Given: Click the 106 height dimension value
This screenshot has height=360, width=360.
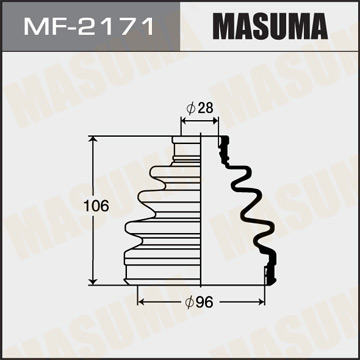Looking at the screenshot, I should (x=67, y=206).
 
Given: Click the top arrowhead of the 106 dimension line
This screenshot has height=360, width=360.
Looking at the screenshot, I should (x=95, y=137).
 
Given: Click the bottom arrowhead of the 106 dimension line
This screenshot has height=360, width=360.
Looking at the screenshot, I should (x=95, y=281).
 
